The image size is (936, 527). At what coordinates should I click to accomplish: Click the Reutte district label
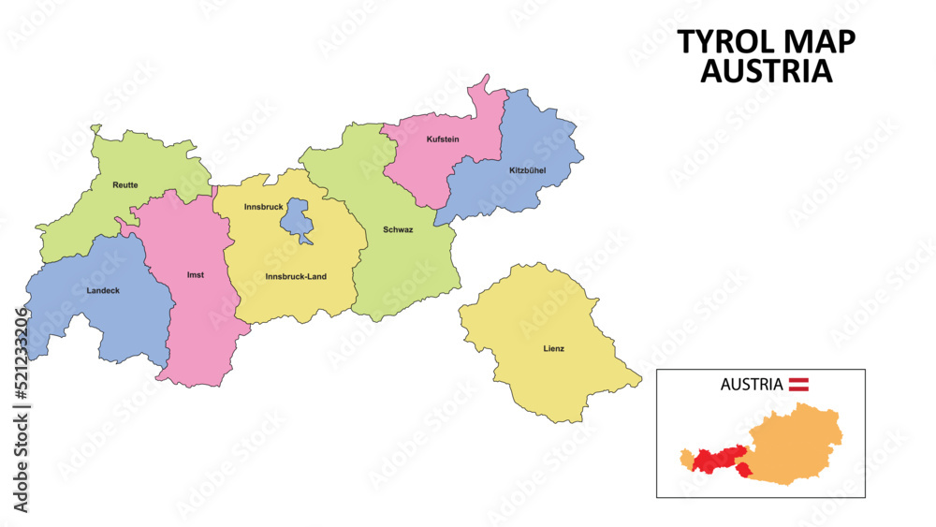coord(124,185)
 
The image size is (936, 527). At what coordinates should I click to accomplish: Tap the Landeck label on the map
coord(103,290)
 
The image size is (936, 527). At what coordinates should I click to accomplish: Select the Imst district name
coord(196,275)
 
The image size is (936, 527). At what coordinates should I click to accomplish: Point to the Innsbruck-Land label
coord(296,276)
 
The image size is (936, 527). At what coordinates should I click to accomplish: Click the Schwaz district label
coord(398,229)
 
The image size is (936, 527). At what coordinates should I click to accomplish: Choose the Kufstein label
coord(443,139)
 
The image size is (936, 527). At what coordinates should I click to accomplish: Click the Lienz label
coord(554,349)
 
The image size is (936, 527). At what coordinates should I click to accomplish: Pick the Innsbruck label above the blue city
coord(264,206)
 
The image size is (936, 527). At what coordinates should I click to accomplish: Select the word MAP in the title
coord(818,42)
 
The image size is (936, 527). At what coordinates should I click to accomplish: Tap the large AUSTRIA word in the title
coord(766,71)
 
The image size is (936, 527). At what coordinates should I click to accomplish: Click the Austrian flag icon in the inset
coord(798,383)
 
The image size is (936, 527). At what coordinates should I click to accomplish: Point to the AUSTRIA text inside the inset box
coord(751,384)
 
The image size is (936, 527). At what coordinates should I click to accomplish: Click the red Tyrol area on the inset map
coord(716,459)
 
